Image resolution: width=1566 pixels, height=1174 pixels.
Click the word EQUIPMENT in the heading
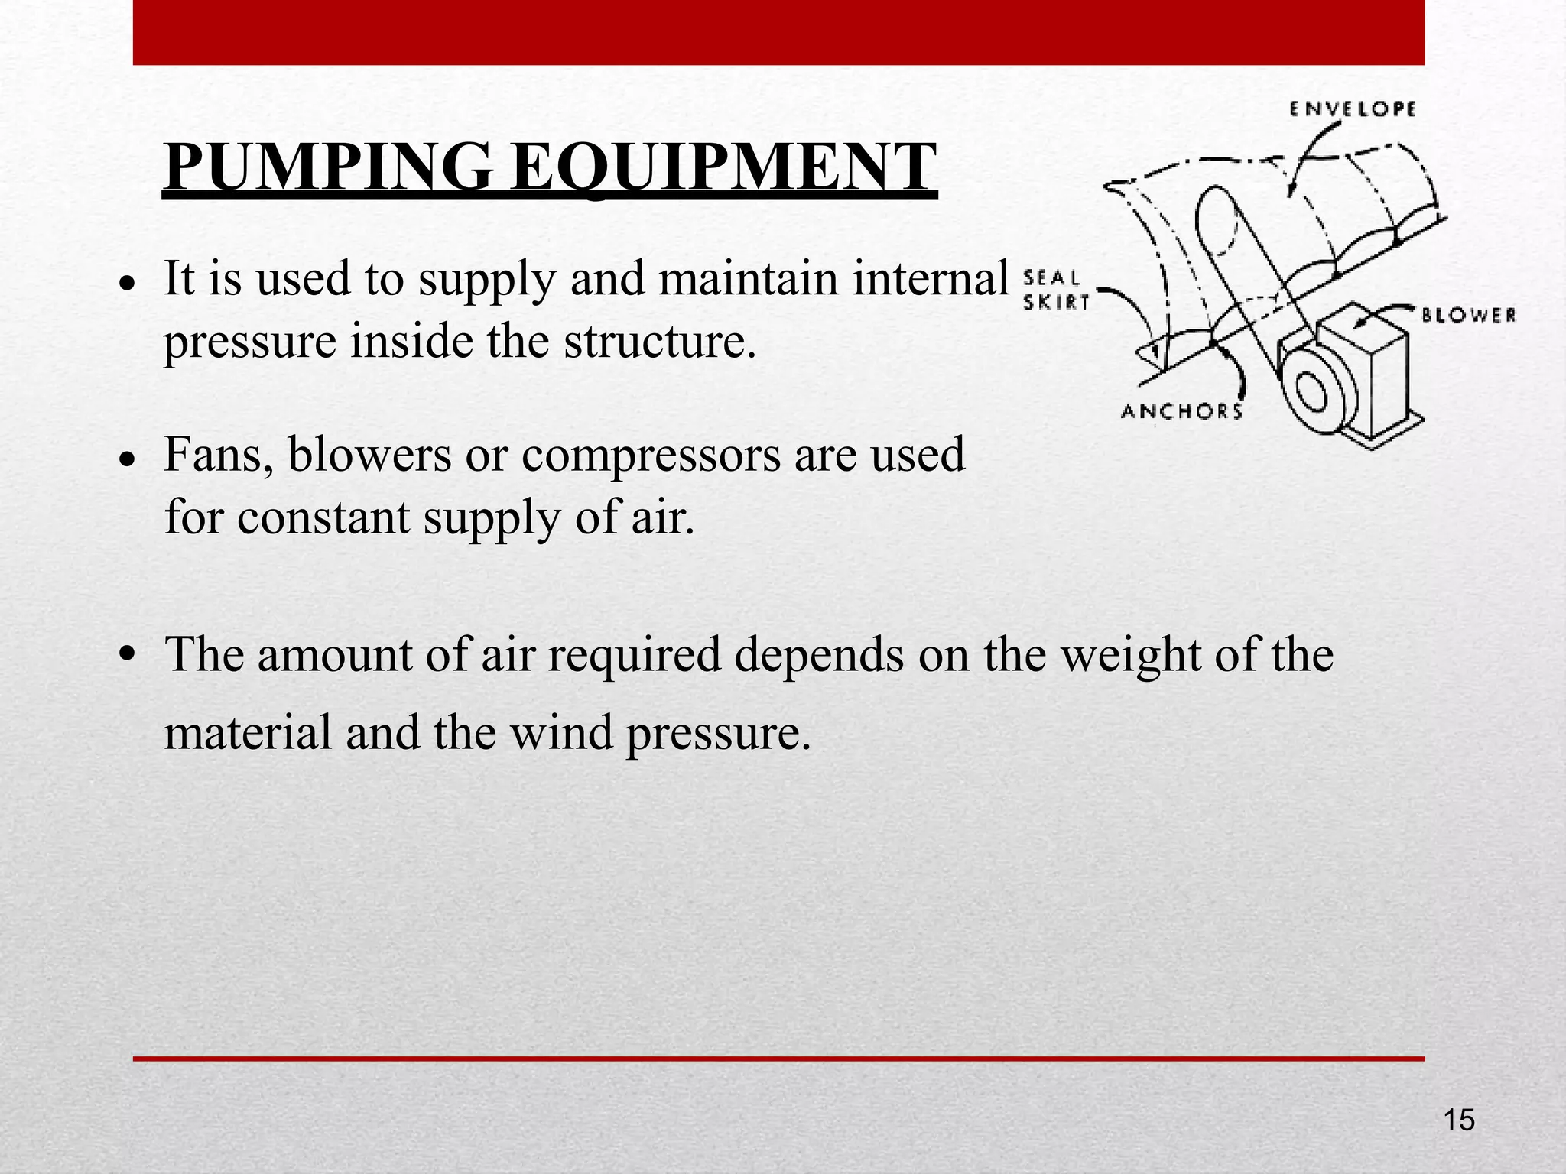(x=723, y=167)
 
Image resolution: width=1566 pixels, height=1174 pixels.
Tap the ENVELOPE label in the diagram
(x=1353, y=109)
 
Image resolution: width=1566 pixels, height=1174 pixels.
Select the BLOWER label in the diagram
(x=1469, y=315)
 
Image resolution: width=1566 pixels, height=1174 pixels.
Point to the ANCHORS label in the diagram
(x=1181, y=412)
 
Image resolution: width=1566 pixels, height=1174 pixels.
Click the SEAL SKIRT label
(x=1055, y=290)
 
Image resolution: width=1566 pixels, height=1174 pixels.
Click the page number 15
(x=1459, y=1120)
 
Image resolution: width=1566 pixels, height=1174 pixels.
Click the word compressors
(x=651, y=456)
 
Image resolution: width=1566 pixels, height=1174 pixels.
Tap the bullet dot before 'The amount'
(x=128, y=654)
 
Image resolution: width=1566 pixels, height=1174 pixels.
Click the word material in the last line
(x=248, y=733)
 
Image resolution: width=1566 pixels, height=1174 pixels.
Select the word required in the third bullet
(x=634, y=655)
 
